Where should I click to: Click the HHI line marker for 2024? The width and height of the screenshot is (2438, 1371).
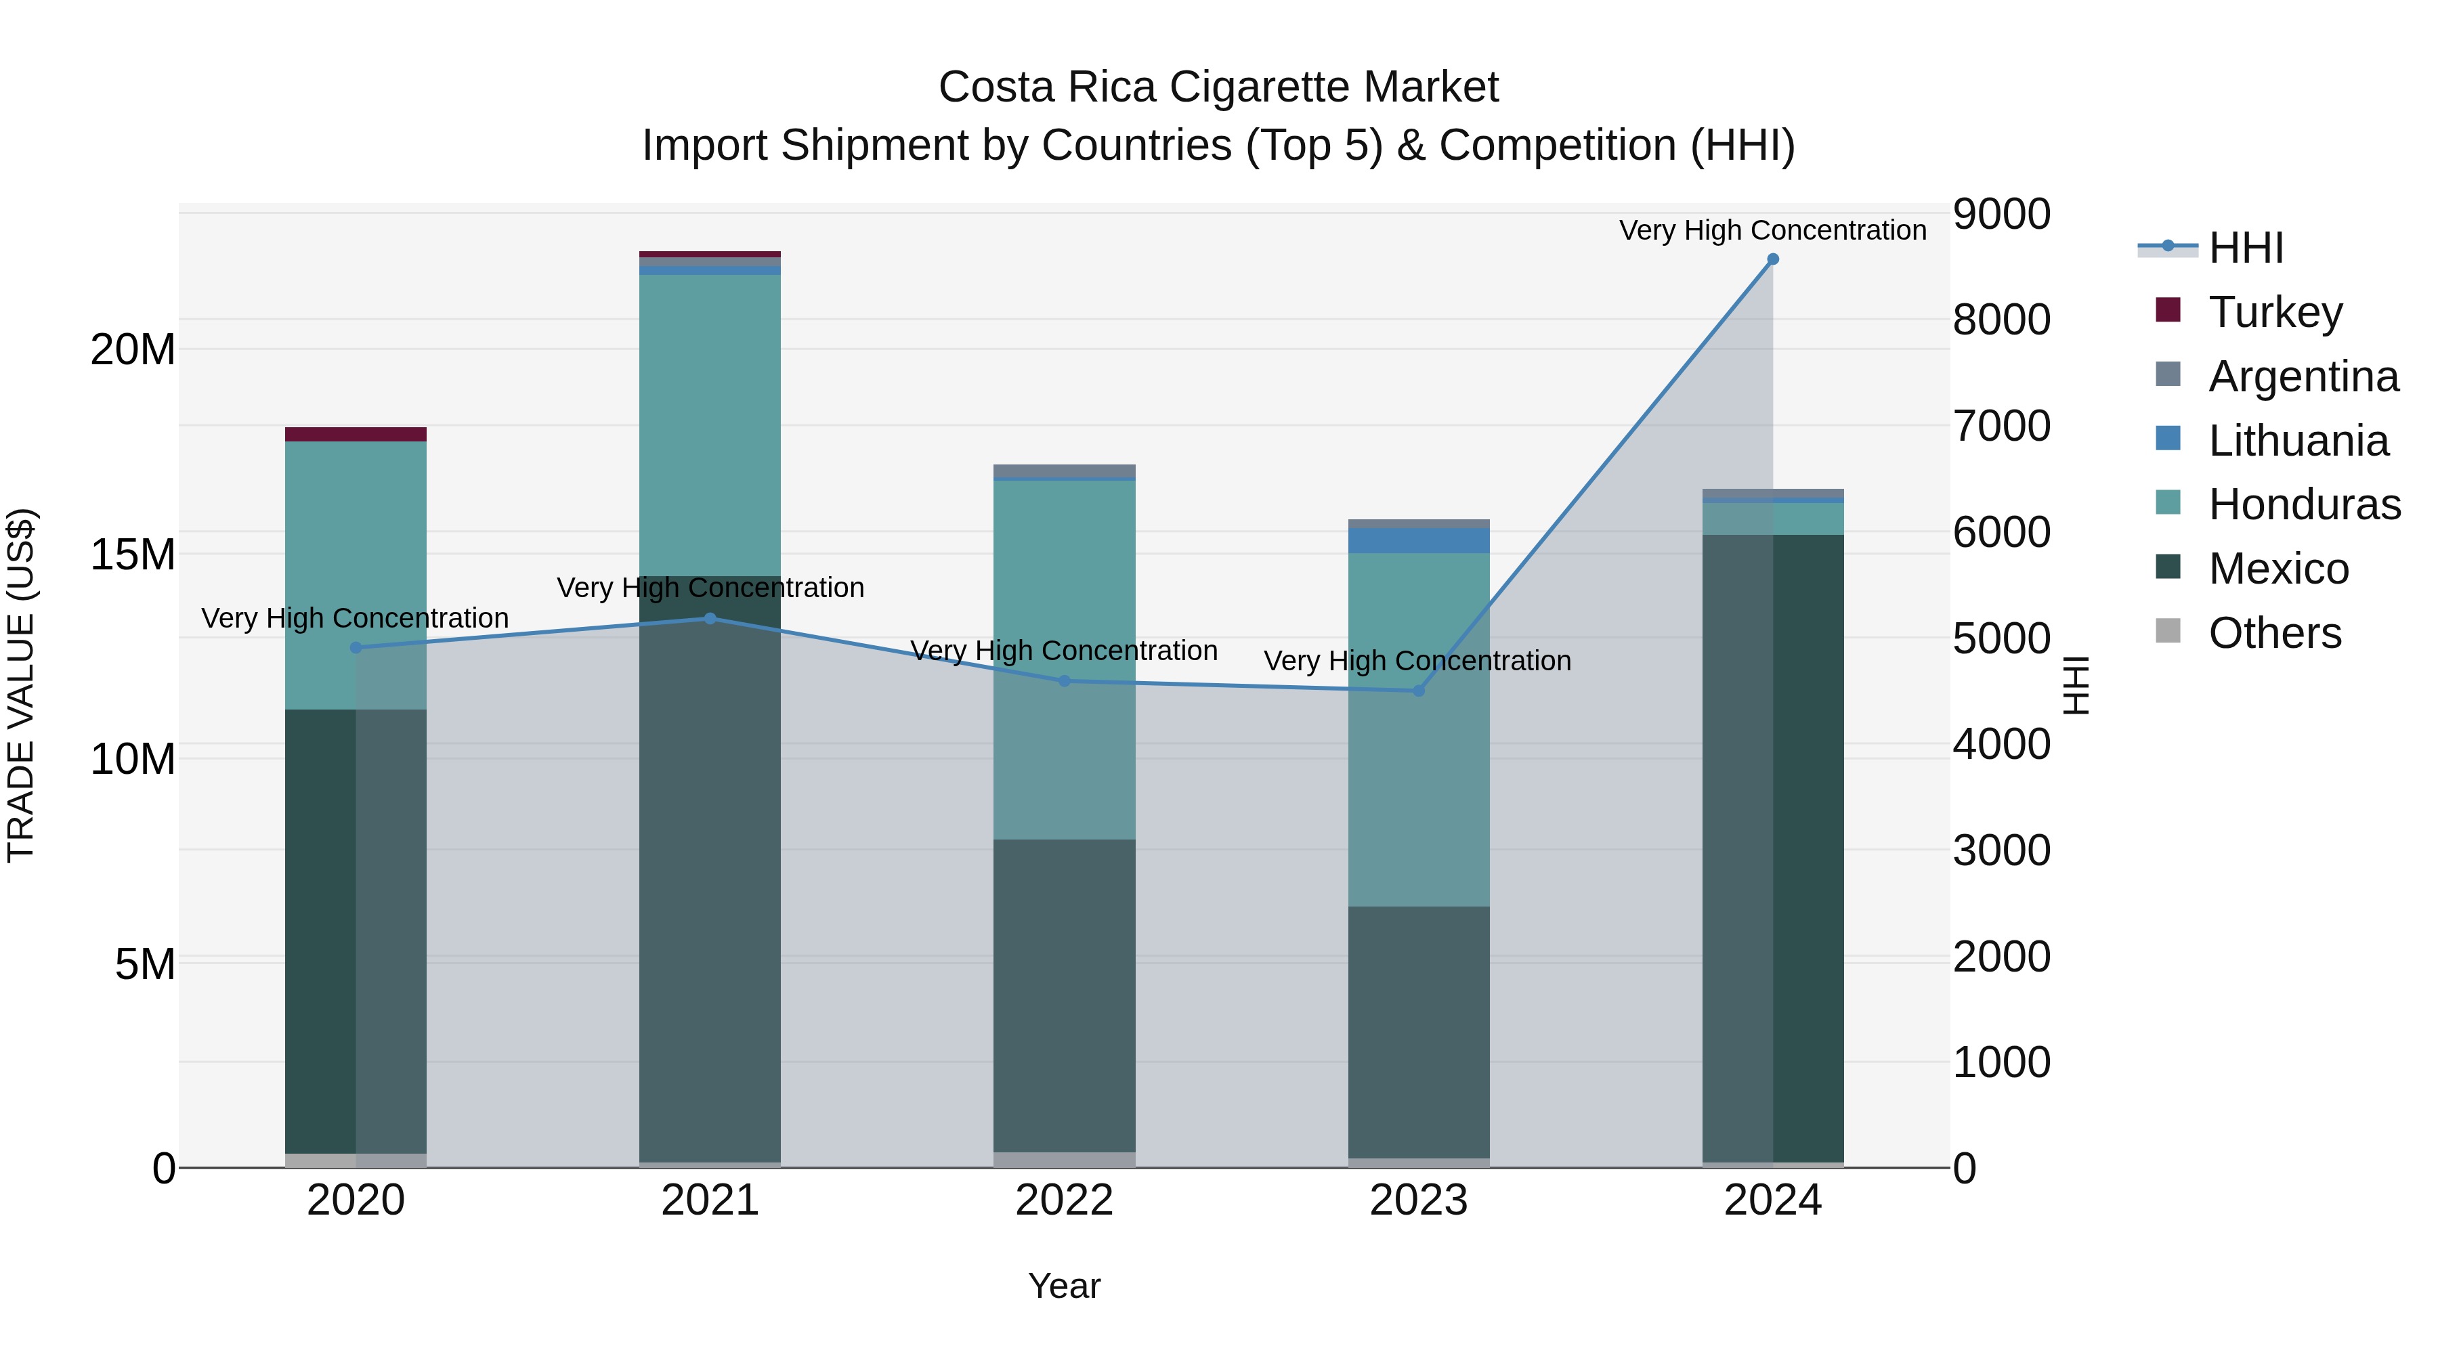[x=1773, y=259]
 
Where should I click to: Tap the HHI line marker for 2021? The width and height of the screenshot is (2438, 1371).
[x=710, y=618]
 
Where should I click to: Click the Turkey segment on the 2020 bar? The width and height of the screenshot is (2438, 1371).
[x=356, y=434]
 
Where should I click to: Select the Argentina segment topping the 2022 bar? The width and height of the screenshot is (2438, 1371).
[x=1064, y=471]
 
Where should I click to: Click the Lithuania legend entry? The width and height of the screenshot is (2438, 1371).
[x=2297, y=441]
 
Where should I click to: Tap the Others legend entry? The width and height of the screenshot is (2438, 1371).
[x=2273, y=633]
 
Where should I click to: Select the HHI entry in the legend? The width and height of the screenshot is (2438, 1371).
[x=2245, y=248]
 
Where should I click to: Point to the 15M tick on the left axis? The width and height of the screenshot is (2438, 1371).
[x=133, y=554]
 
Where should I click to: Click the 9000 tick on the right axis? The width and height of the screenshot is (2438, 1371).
[x=2001, y=214]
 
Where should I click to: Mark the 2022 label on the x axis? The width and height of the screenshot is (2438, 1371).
[x=1064, y=1200]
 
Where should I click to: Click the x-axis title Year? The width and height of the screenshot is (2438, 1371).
[x=1064, y=1286]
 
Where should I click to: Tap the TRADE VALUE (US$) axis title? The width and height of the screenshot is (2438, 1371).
[x=21, y=685]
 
